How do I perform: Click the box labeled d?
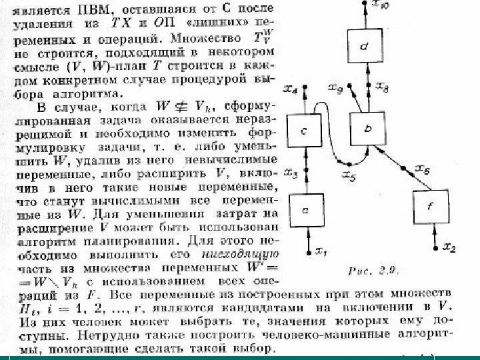click(x=361, y=47)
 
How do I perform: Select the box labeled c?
click(x=303, y=133)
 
